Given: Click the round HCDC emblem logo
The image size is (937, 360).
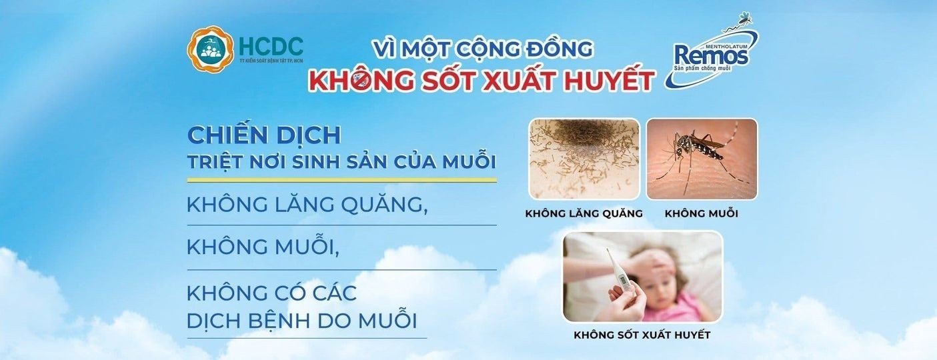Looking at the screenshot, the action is tap(210, 49).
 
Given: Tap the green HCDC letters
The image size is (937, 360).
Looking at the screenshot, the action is tap(271, 46).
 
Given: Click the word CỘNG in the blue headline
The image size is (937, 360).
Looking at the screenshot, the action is tap(486, 49).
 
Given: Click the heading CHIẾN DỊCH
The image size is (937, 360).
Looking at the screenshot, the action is tap(264, 135).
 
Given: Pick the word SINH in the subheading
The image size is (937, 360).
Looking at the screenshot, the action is tap(319, 162).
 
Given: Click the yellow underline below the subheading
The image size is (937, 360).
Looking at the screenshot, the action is tap(341, 180).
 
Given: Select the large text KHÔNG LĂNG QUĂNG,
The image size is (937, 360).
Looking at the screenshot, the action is tap(307, 205).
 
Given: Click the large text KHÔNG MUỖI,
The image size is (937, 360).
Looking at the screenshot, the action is tap(263, 246).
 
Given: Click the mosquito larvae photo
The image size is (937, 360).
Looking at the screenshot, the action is tap(584, 159).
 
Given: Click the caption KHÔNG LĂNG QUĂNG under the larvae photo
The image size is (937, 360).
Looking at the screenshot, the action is tap(584, 213).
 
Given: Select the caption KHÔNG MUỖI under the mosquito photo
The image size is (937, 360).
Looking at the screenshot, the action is tap(702, 213).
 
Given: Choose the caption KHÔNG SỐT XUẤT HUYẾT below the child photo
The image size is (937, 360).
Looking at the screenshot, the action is tap(642, 335).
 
